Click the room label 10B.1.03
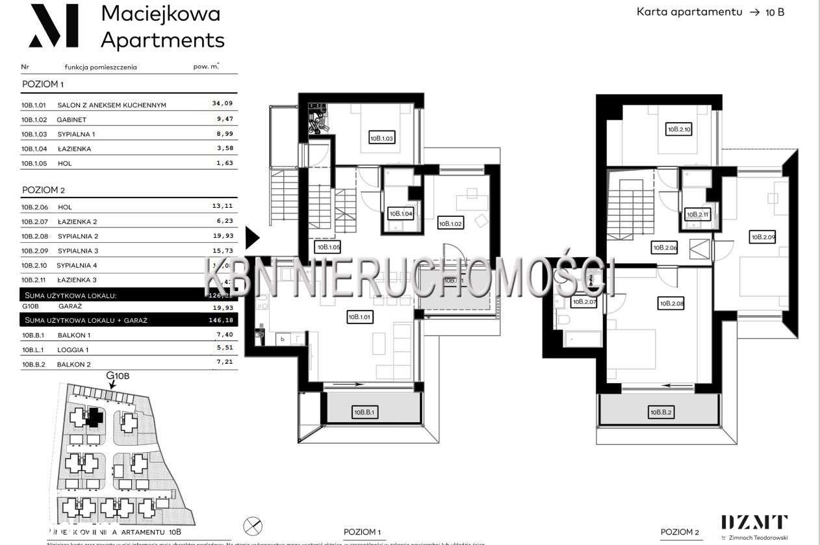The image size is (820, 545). (382, 138)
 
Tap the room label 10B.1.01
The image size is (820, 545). (359, 317)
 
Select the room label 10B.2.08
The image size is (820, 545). (671, 303)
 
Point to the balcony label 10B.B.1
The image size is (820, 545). (366, 412)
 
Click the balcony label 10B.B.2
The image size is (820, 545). (660, 412)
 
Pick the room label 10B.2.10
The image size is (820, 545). (679, 129)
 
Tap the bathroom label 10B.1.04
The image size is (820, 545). (400, 213)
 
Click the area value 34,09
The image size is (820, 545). (222, 103)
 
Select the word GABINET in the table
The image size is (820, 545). (71, 120)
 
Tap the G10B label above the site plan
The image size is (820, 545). (118, 376)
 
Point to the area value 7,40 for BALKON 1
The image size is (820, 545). (222, 335)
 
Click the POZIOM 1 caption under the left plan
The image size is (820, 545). (362, 531)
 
